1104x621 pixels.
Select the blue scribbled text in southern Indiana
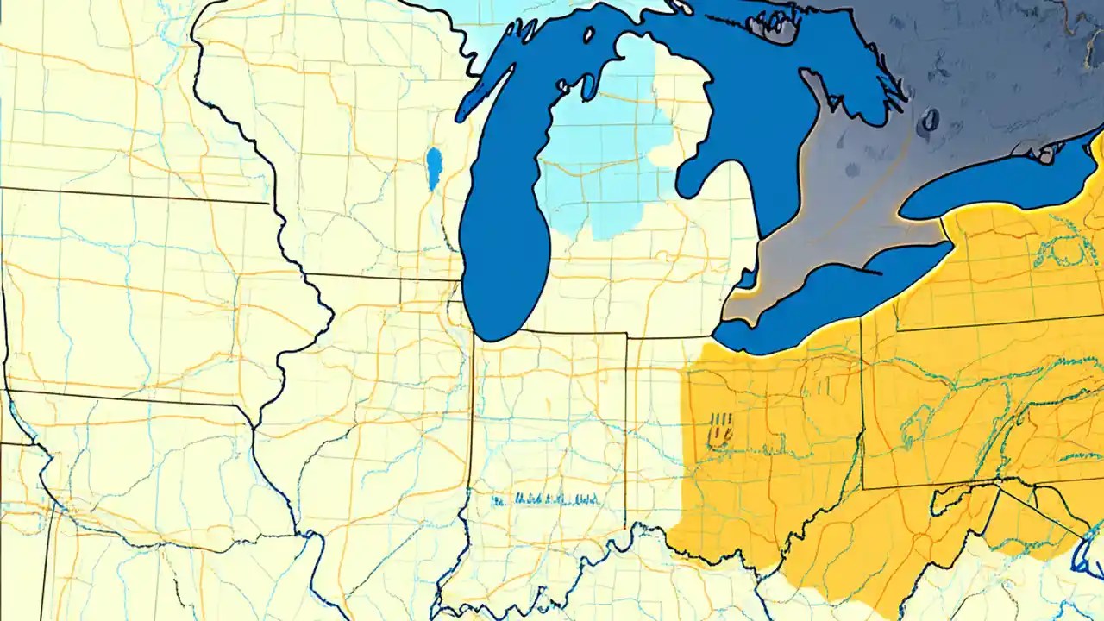tap(545, 499)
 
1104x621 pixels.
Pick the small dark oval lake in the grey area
tap(929, 120)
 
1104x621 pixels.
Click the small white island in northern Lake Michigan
tap(588, 35)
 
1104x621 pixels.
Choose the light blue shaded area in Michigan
tap(604, 164)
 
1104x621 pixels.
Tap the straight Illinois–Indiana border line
tap(473, 414)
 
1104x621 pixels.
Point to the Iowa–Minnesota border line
tap(129, 195)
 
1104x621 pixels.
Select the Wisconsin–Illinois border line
tap(379, 277)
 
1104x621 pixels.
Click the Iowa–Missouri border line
tap(129, 398)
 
